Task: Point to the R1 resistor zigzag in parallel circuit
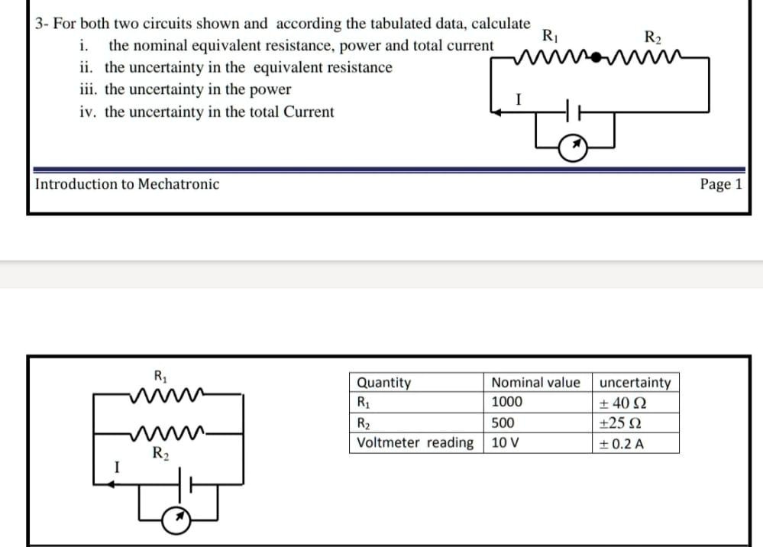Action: click(x=166, y=395)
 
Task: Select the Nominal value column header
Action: click(x=535, y=382)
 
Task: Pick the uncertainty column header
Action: click(x=635, y=382)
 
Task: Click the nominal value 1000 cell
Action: click(x=507, y=403)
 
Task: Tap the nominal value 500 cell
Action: click(x=503, y=423)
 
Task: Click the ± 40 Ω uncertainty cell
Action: click(x=624, y=403)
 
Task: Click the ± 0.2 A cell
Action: click(x=623, y=443)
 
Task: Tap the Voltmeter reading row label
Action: click(x=415, y=443)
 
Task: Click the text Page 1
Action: click(x=720, y=184)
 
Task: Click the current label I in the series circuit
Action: click(x=519, y=99)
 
